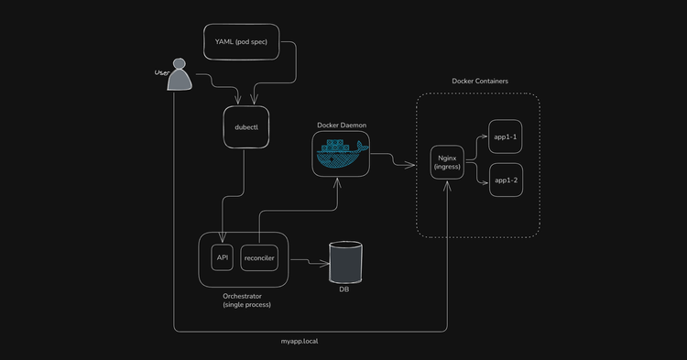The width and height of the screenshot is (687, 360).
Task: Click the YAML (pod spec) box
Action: point(240,42)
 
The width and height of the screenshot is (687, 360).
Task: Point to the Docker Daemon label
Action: point(340,124)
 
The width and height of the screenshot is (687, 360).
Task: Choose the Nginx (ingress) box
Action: point(446,161)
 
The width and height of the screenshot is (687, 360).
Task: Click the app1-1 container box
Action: point(506,136)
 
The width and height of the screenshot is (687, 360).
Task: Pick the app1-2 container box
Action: point(506,180)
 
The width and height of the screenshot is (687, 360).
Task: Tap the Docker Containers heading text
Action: point(480,82)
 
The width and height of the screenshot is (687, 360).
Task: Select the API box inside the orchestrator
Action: point(222,257)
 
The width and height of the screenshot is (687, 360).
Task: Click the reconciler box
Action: point(258,257)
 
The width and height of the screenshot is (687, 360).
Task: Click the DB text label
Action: point(344,289)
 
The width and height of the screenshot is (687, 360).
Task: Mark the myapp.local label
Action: point(299,341)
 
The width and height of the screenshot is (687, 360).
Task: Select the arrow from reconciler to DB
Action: point(310,262)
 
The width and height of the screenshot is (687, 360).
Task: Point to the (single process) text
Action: point(246,304)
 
